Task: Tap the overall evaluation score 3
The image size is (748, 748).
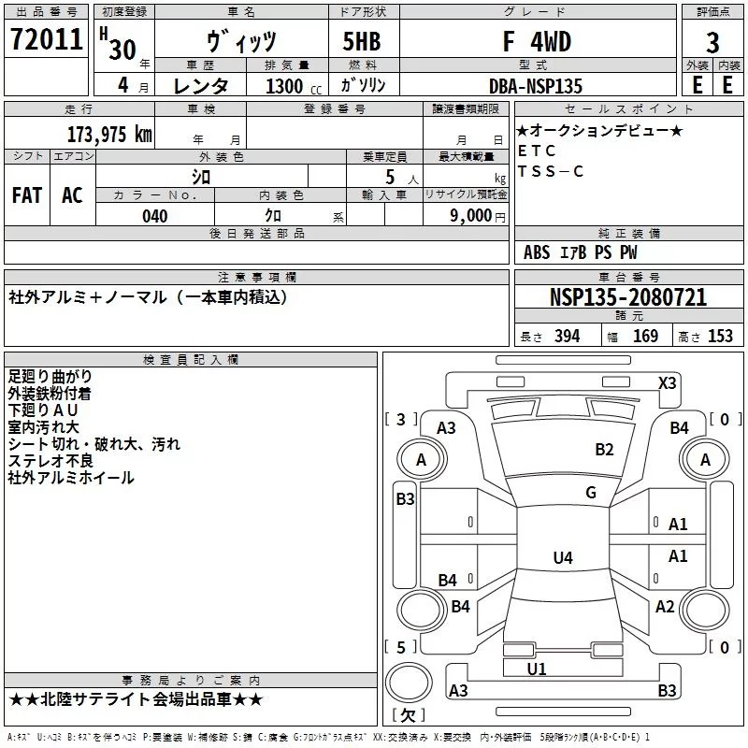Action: point(712,43)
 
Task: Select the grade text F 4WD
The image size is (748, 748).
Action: point(537,42)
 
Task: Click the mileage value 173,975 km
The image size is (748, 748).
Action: point(109,134)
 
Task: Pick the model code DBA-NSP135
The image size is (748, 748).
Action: point(536,86)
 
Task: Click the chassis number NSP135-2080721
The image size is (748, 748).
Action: point(628,298)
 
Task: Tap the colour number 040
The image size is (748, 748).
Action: point(154,216)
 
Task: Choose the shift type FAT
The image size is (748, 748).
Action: point(27,194)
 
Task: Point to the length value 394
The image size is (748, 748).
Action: point(567,337)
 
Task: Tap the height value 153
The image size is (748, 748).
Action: point(720,337)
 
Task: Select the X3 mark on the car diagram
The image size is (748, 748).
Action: point(667,382)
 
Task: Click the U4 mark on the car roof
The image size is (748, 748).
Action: point(562,558)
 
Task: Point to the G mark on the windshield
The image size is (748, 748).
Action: point(590,493)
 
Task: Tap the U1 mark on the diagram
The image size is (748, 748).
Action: point(536,669)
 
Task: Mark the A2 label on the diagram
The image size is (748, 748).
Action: point(665,607)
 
